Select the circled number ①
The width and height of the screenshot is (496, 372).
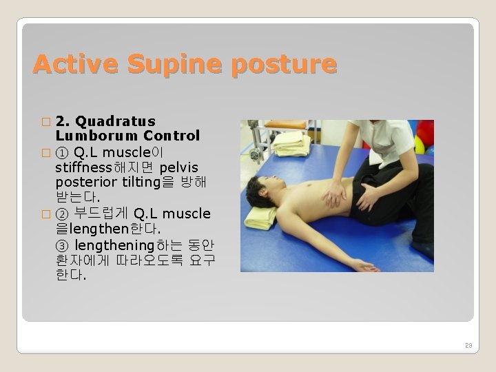click(62, 152)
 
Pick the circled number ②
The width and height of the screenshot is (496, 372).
click(62, 214)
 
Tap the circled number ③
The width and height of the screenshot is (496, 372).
click(62, 245)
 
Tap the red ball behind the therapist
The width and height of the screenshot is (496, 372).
click(426, 132)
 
